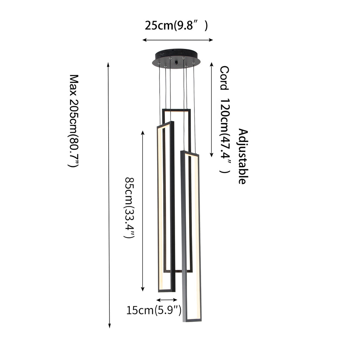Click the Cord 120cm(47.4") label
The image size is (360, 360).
pos(225,120)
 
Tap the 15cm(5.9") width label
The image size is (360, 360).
pos(154,310)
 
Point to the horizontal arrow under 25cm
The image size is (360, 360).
pos(178,40)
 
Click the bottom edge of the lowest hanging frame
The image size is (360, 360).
pos(192,320)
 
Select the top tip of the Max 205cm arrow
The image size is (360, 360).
pos(109,63)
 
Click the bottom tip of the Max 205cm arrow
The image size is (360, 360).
pos(109,327)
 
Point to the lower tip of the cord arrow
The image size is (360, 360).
pos(212,156)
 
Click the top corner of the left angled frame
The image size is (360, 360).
pos(172,122)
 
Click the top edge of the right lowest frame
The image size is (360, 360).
pos(190,153)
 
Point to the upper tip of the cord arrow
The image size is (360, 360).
pos(212,63)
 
